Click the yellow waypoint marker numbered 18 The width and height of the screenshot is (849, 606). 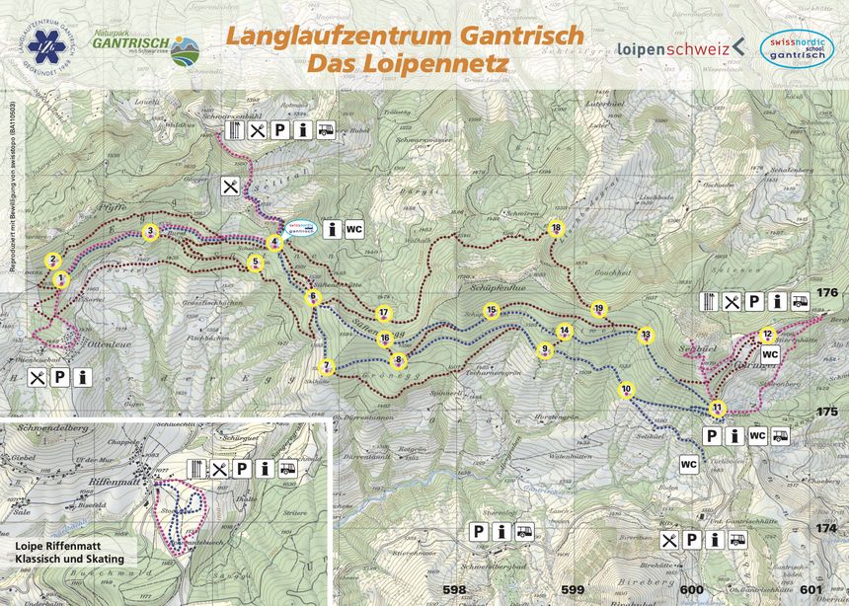[x=556, y=229]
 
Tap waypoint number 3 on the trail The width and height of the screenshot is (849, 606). [x=150, y=232]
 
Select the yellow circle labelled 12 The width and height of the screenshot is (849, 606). [x=767, y=335]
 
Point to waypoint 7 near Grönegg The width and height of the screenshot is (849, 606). [x=328, y=367]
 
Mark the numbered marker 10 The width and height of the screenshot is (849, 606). [x=626, y=390]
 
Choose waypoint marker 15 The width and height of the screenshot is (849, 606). [x=492, y=310]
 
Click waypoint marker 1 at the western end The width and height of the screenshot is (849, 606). [x=61, y=279]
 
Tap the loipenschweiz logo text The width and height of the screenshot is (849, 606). [x=673, y=47]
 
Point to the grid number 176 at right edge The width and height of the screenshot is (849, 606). [x=826, y=292]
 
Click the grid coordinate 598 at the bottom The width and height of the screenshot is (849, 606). [x=454, y=590]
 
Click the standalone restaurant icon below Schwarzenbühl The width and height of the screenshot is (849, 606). [x=231, y=185]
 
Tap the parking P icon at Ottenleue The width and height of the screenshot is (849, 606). [x=60, y=377]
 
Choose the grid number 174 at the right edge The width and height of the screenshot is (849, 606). [x=826, y=529]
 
